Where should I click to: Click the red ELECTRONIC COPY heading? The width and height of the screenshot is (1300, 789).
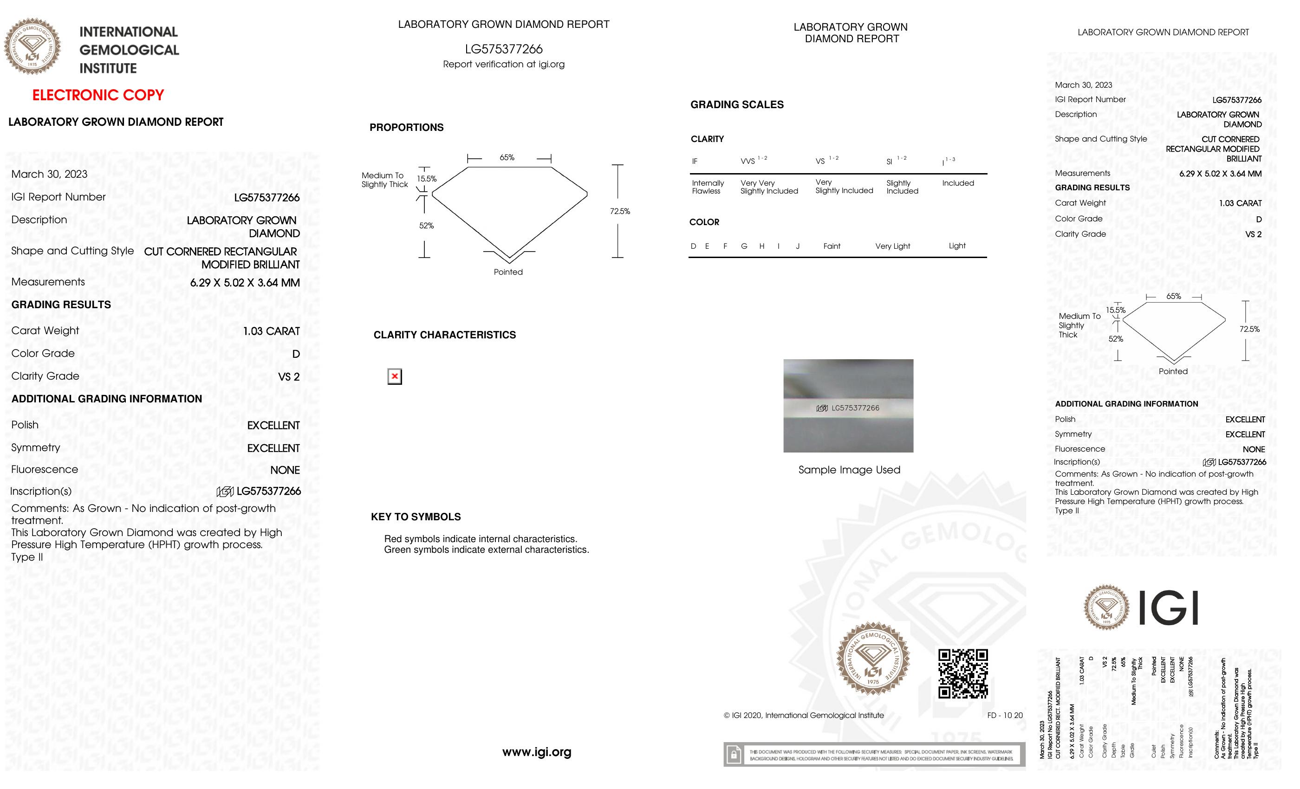98,95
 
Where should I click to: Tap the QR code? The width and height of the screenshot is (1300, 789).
962,673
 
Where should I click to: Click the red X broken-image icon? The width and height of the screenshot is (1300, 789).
395,376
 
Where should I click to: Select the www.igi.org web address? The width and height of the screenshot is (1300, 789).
537,751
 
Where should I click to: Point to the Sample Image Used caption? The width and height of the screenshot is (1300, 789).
849,470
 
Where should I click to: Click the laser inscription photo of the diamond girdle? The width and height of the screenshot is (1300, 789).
848,406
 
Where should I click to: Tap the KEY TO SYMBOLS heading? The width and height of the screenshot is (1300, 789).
416,517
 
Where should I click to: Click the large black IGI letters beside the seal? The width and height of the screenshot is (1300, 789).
1168,608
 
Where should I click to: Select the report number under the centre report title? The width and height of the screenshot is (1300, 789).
503,49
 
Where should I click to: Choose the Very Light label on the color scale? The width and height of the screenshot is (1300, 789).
892,246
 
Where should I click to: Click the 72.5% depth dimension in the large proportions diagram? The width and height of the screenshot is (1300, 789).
619,211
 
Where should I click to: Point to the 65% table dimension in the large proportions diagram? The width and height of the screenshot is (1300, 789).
507,157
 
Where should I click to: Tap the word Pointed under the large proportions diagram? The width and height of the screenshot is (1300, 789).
508,272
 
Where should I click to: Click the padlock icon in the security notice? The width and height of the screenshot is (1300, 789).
734,754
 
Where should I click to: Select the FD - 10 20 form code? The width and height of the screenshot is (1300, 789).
1005,715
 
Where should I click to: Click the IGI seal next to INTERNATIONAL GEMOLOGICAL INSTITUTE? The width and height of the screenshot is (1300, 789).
32,46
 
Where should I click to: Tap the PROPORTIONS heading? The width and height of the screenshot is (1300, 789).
406,127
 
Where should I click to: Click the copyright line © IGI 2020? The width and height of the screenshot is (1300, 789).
803,715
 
